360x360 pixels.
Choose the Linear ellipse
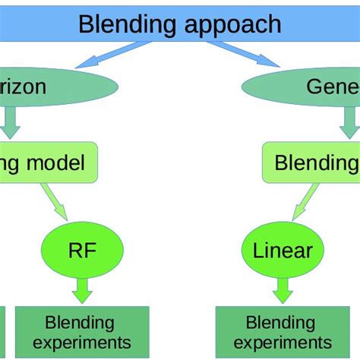(x=282, y=249)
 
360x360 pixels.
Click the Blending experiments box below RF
(x=82, y=333)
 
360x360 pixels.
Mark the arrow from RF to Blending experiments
(x=82, y=289)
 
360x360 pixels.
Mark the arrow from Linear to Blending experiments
(x=283, y=289)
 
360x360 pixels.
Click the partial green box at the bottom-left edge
(x=2, y=333)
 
